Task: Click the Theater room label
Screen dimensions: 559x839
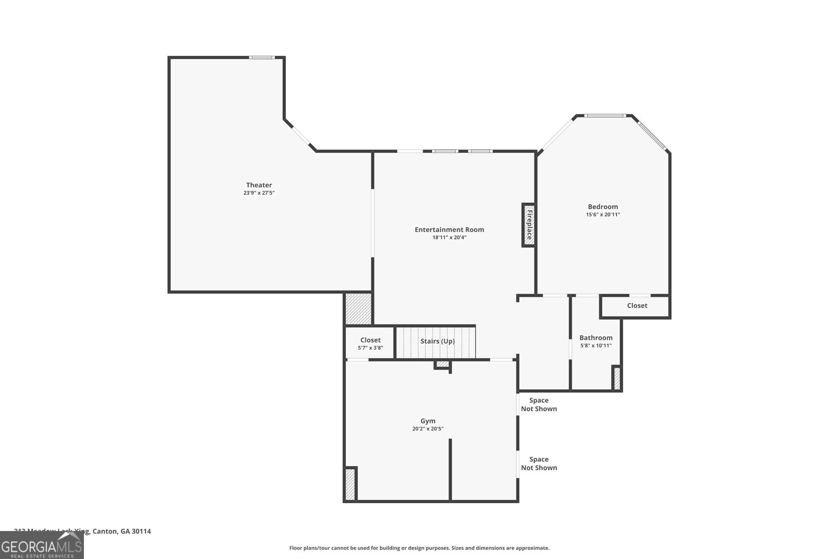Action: (x=259, y=185)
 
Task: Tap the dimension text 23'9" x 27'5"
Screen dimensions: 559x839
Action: (x=259, y=193)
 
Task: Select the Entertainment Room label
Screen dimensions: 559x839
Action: (x=449, y=229)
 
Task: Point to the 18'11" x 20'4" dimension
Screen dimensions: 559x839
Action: (x=449, y=237)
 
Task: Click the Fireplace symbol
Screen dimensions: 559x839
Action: (x=529, y=225)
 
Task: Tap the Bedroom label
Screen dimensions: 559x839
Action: (x=603, y=206)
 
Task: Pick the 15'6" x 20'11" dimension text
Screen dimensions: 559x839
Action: (x=603, y=214)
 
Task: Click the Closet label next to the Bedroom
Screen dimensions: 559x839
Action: (x=637, y=305)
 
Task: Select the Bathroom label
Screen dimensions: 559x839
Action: (x=596, y=338)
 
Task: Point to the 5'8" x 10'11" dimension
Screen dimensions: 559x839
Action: (x=596, y=345)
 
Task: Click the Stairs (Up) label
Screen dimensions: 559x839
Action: (x=437, y=341)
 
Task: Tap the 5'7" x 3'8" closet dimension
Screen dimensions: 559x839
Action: (x=370, y=348)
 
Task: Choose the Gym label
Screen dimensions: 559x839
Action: (x=428, y=421)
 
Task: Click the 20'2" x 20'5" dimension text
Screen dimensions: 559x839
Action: (x=428, y=429)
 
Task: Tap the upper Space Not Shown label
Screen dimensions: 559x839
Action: (x=539, y=404)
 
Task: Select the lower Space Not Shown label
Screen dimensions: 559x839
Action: (x=539, y=464)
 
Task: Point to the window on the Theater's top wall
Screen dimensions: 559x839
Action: (x=262, y=57)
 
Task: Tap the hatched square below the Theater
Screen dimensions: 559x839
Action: (x=359, y=309)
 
